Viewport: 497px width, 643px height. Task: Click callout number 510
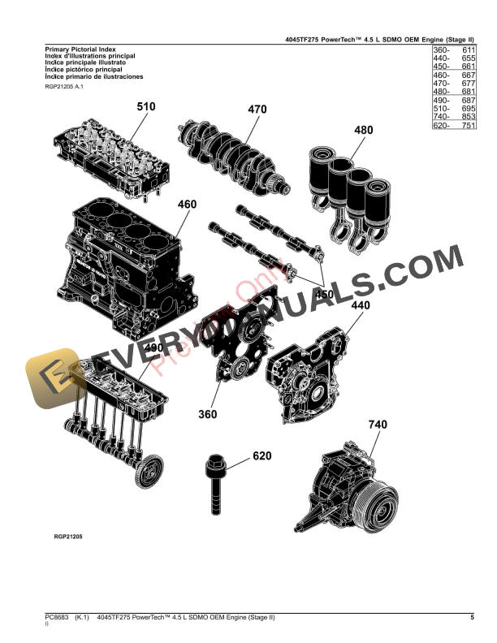tap(146, 106)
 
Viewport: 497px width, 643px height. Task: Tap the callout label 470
tap(257, 109)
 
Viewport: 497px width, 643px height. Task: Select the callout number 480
tap(364, 130)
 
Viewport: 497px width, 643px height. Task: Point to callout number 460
tap(187, 205)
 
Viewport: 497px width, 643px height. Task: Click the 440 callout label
tap(360, 306)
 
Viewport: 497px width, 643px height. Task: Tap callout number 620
tap(261, 456)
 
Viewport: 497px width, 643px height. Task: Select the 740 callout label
tap(378, 425)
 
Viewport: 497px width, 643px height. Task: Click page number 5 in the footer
tap(472, 619)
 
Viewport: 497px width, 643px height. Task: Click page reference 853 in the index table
tap(465, 116)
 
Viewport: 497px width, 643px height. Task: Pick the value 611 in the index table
tap(465, 50)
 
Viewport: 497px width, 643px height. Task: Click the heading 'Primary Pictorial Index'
tap(74, 50)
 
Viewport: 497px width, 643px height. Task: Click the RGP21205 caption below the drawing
tap(68, 537)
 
